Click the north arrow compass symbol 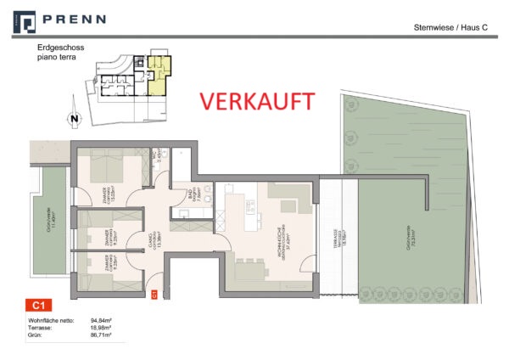[x=74, y=118]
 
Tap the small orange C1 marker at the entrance [x=154, y=293]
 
